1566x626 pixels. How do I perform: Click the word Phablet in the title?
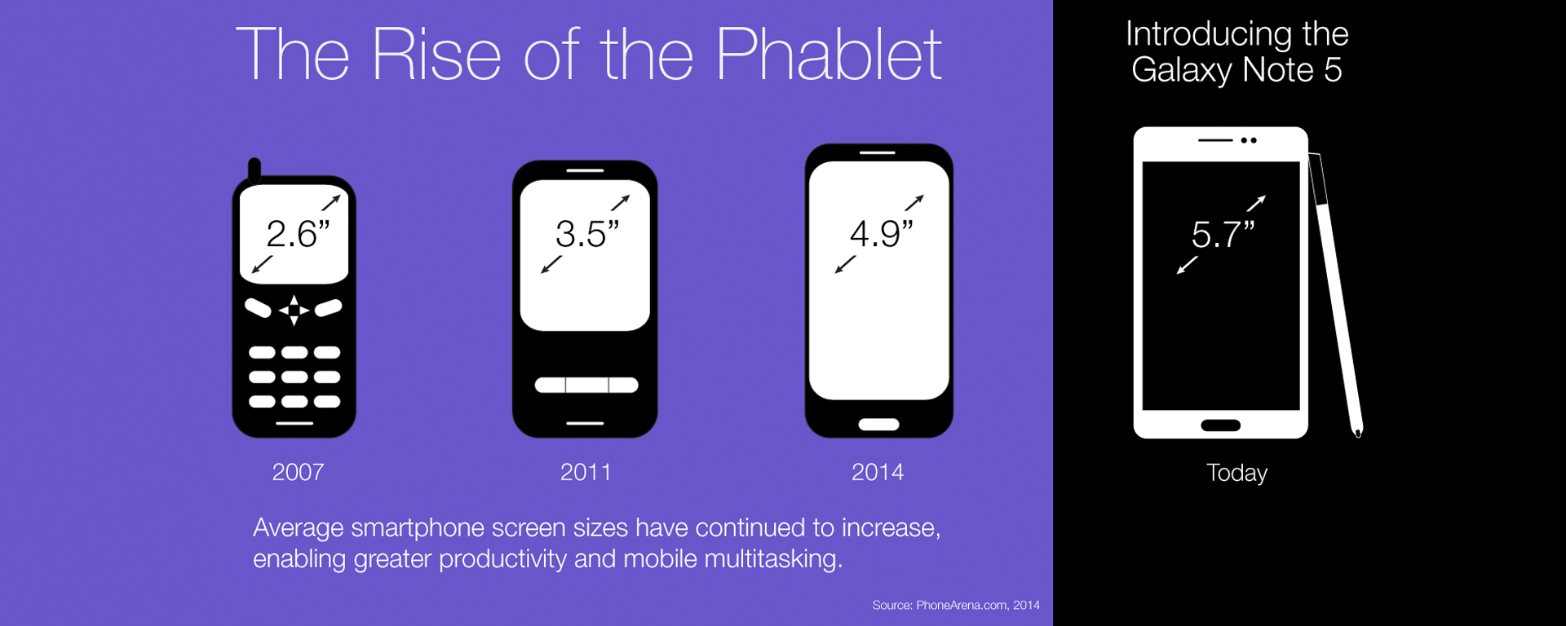tap(828, 55)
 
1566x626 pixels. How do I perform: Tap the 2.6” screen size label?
tap(298, 235)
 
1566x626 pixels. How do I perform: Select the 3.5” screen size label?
tap(586, 235)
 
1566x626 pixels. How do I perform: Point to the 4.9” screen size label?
tap(881, 235)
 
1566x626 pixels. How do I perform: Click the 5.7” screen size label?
tap(1222, 235)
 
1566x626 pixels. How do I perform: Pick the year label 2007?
tap(298, 472)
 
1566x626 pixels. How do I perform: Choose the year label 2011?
tap(586, 472)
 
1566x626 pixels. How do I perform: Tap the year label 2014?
tap(878, 472)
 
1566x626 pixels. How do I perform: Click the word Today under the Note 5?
tap(1236, 473)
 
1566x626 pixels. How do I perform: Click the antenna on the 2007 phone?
tap(254, 169)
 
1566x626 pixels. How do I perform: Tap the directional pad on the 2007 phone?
tap(294, 310)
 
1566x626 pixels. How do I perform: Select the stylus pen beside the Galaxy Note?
tap(1336, 293)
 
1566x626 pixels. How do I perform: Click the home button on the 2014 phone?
tap(878, 425)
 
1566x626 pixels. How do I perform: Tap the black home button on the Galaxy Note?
tap(1220, 425)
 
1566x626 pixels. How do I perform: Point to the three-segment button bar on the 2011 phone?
tap(586, 385)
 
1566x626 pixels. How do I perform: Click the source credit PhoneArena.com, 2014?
tap(956, 605)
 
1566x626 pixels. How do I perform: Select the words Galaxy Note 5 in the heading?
tap(1236, 70)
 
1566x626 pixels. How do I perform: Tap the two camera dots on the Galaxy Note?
tap(1249, 140)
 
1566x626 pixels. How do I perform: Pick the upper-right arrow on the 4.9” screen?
tap(914, 202)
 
